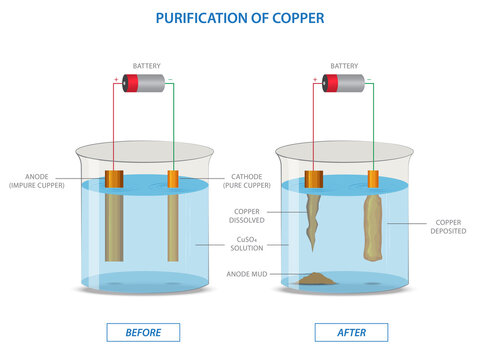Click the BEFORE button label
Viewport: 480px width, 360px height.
[143, 332]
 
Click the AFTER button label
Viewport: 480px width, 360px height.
[351, 332]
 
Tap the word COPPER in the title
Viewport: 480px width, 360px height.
[298, 18]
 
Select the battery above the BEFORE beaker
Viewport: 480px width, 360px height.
[143, 83]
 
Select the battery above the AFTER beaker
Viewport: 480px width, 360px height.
[343, 83]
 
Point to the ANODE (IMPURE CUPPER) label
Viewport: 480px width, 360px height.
[37, 181]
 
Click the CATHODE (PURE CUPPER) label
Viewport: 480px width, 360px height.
[247, 181]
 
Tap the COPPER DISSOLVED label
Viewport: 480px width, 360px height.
[247, 216]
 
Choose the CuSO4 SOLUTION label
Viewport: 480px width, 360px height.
[247, 244]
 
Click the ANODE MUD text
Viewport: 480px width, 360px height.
[247, 274]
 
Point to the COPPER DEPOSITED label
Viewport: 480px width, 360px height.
[448, 227]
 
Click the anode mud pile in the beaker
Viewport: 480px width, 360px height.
[315, 279]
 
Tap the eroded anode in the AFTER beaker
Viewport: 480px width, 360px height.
[313, 220]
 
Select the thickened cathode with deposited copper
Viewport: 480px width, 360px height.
[373, 228]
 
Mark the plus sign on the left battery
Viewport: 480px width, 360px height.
[116, 79]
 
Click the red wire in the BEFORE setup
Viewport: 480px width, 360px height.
[114, 127]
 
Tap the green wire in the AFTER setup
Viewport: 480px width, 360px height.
[373, 127]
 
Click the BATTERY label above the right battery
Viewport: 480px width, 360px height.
[344, 66]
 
